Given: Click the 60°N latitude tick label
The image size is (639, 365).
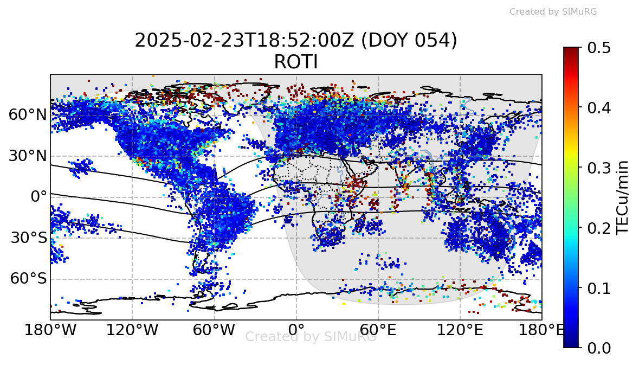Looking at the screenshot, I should coord(27,115).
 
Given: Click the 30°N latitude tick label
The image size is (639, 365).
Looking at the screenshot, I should coord(27,156).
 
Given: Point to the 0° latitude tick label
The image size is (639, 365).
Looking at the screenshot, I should coord(38,197).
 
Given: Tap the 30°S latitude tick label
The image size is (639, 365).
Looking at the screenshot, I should coord(28,238).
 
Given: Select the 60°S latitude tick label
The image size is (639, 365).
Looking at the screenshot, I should coord(28,279).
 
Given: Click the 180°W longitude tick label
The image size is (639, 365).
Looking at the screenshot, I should coord(50,330).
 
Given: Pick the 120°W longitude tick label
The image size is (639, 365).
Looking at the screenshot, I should coord(132,330).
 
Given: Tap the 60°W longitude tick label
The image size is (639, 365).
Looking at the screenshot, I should coord(214,330).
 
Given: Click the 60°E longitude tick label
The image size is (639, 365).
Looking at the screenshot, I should coord(378,330).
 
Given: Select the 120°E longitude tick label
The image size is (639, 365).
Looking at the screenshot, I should coord(460,330).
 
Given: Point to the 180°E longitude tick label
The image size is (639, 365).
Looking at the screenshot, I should coord(542,330).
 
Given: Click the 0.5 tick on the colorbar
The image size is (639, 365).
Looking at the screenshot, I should coord(599,48).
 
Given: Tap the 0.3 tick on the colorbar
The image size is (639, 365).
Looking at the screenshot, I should coord(599,168).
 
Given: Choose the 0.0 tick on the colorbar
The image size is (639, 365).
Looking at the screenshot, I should coord(599,347).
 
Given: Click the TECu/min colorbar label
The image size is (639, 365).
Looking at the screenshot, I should coord(624,197).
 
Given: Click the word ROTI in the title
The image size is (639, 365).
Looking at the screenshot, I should coord(296,63).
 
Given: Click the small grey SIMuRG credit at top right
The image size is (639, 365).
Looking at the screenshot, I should coord(553,11).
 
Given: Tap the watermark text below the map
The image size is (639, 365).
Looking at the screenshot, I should coord(311,337).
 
